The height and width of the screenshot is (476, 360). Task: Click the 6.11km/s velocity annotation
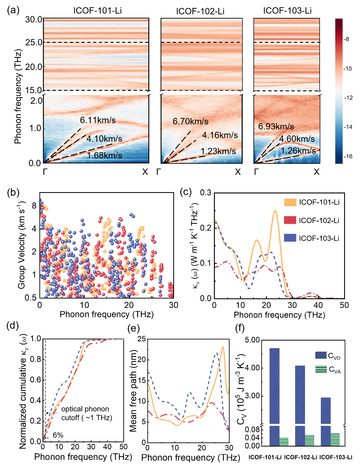98,120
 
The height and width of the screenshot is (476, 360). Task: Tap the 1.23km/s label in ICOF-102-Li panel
218,151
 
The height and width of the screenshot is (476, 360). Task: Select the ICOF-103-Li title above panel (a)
287,11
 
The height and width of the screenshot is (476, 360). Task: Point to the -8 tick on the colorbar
347,39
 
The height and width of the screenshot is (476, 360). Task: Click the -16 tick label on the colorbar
348,156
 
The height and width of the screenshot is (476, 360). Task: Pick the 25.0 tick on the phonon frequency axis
34,43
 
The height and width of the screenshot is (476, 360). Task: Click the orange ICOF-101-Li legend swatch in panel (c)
290,202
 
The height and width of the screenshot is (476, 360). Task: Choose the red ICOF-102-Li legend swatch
290,220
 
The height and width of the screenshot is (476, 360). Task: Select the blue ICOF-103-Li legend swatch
290,238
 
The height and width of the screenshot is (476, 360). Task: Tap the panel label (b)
13,192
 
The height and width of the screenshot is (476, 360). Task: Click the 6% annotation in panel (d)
58,435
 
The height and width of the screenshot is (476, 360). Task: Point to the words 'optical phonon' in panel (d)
85,409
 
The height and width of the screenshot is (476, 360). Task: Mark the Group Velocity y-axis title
22,245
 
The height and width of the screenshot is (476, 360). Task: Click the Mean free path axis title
133,391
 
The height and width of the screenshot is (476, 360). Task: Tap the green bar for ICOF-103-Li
335,439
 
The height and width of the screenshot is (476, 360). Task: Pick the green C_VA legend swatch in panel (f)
321,369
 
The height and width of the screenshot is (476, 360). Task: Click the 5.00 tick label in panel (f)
252,340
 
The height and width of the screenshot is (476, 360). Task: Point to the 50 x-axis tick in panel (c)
344,305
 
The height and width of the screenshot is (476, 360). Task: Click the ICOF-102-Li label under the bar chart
300,457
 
